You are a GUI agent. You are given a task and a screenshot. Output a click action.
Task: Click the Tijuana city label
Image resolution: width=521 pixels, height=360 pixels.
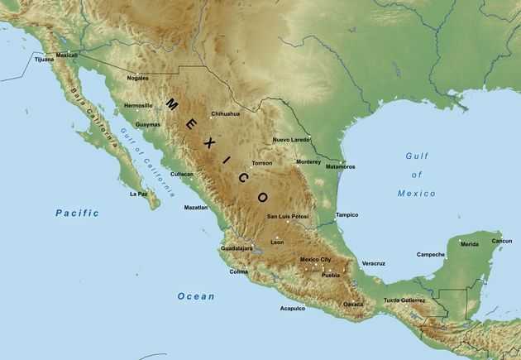click(43, 60)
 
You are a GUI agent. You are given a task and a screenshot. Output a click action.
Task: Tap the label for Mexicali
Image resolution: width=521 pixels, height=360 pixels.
click(66, 55)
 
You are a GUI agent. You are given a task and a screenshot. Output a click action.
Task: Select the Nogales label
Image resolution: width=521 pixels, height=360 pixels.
click(137, 78)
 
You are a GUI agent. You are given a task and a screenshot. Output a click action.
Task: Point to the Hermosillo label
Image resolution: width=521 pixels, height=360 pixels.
click(137, 106)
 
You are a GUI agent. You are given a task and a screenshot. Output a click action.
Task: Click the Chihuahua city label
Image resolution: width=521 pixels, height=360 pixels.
click(225, 113)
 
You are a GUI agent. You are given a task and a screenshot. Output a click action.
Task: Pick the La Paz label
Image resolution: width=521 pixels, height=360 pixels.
click(138, 194)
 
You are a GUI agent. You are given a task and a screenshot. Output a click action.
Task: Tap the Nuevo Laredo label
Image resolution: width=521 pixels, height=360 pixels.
click(291, 140)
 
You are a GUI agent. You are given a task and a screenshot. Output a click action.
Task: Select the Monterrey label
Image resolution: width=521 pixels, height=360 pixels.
click(308, 161)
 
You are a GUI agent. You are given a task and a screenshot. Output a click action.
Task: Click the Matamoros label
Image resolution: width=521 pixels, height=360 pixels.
click(340, 166)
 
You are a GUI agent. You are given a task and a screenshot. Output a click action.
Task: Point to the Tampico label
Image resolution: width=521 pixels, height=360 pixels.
click(347, 214)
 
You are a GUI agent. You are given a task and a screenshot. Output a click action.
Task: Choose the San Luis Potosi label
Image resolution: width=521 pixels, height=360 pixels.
click(287, 217)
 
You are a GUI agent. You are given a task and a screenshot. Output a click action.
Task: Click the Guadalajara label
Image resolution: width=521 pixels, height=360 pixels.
click(237, 248)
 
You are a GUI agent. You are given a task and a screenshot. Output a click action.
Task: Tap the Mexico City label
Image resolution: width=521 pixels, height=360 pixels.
click(315, 260)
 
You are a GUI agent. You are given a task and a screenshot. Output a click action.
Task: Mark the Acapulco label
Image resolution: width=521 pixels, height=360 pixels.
click(293, 308)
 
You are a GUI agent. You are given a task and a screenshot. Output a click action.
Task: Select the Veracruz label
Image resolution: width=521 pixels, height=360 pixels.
click(373, 263)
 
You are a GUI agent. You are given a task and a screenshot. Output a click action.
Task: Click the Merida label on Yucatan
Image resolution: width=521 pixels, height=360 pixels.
click(469, 244)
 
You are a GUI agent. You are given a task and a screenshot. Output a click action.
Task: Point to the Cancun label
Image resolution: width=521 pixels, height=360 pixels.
click(502, 241)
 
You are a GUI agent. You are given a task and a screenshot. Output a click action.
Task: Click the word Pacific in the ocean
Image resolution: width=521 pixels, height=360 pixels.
click(77, 213)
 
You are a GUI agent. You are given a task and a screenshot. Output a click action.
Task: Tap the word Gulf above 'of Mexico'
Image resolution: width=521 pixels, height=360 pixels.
click(418, 156)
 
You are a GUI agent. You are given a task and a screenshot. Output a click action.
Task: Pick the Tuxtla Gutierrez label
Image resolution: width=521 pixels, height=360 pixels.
click(404, 300)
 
